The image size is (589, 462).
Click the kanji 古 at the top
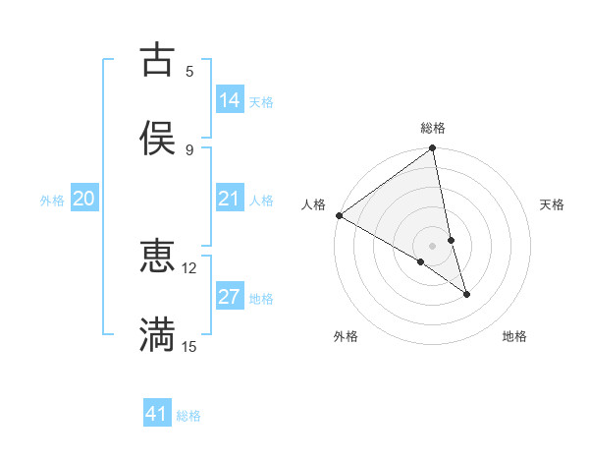(157, 59)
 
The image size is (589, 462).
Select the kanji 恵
(157, 257)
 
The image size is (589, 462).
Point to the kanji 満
(157, 335)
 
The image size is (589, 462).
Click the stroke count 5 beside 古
(189, 71)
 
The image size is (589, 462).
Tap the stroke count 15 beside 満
(189, 346)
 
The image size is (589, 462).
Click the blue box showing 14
(230, 100)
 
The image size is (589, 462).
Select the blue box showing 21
(230, 199)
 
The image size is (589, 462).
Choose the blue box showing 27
(230, 297)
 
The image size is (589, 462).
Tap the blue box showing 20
(83, 199)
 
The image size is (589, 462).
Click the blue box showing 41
(157, 414)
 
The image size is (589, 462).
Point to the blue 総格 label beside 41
(188, 416)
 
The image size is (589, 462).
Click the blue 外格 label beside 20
(52, 201)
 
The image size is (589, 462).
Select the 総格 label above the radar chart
(433, 128)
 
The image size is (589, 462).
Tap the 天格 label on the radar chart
(553, 204)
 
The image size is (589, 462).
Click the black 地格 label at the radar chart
(514, 336)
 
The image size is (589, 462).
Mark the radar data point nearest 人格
(339, 215)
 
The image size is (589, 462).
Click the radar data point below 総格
(433, 149)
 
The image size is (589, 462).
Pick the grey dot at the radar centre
(432, 245)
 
